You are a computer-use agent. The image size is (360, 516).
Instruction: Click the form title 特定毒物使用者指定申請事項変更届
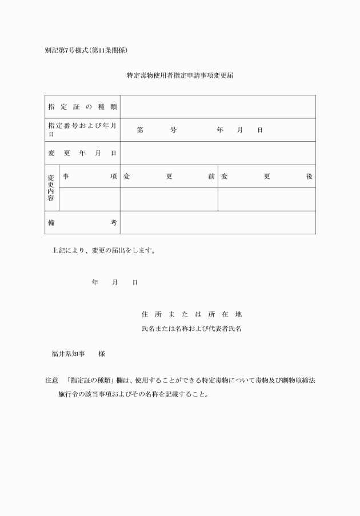coord(180,76)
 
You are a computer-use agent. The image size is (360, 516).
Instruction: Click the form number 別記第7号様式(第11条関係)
coord(90,50)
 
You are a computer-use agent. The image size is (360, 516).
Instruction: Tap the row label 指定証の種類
coord(82,107)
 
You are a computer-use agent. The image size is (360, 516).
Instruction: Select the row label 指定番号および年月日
coord(82,130)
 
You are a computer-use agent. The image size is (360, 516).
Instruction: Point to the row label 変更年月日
coord(82,153)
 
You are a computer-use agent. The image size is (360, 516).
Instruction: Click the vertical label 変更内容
coord(51,188)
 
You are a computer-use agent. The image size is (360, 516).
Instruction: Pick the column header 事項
coord(90,177)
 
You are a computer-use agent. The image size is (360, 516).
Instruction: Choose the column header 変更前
coord(169,177)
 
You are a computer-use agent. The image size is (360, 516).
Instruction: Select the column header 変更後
coord(267,177)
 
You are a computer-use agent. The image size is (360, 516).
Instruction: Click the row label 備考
coord(82,222)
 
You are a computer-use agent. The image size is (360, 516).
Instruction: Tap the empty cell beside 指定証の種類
coord(218,107)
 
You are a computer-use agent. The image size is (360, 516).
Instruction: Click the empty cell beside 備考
coord(218,222)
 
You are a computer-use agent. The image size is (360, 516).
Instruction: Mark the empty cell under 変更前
coord(169,199)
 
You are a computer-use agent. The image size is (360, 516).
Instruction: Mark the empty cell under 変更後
coord(267,199)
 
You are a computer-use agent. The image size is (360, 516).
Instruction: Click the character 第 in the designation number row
coord(140,130)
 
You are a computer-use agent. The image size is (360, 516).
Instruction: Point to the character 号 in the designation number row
coord(173,130)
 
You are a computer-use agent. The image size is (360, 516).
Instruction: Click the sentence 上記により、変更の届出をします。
coord(103,250)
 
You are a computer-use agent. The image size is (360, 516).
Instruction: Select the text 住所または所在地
coord(191,314)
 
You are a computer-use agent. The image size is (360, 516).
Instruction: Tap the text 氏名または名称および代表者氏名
coord(191,329)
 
